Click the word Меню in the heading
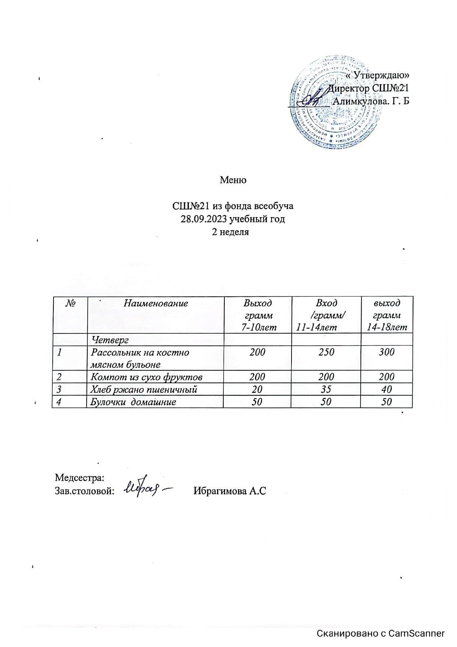pyautogui.click(x=233, y=180)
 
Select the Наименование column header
pyautogui.click(x=156, y=303)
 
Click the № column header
pyautogui.click(x=70, y=303)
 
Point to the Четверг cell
pyautogui.click(x=110, y=339)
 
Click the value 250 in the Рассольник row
pyautogui.click(x=326, y=352)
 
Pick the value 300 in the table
pyautogui.click(x=386, y=352)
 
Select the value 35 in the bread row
pyautogui.click(x=326, y=389)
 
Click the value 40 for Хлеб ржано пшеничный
pyautogui.click(x=387, y=389)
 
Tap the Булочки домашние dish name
pyautogui.click(x=133, y=402)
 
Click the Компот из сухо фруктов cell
pyautogui.click(x=146, y=377)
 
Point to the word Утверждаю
pyautogui.click(x=380, y=75)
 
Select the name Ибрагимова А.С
pyautogui.click(x=230, y=491)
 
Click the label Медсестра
pyautogui.click(x=80, y=478)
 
